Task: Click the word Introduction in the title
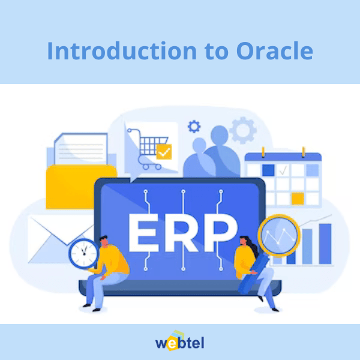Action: [x=122, y=50]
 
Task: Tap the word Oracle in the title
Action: [x=275, y=50]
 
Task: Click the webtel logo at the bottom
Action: [x=180, y=341]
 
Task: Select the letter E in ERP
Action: [x=143, y=233]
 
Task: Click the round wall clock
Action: [x=83, y=253]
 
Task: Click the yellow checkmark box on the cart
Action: [x=164, y=152]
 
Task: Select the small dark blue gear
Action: [x=194, y=127]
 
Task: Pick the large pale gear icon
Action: [x=243, y=130]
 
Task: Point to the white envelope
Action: [x=60, y=239]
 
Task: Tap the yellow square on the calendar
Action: [x=298, y=199]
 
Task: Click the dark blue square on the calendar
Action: [x=268, y=170]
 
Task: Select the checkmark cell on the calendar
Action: [x=283, y=170]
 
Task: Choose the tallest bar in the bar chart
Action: [x=325, y=244]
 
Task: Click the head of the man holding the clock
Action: [x=104, y=241]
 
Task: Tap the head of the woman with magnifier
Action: [x=244, y=242]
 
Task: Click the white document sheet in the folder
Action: [x=81, y=149]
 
